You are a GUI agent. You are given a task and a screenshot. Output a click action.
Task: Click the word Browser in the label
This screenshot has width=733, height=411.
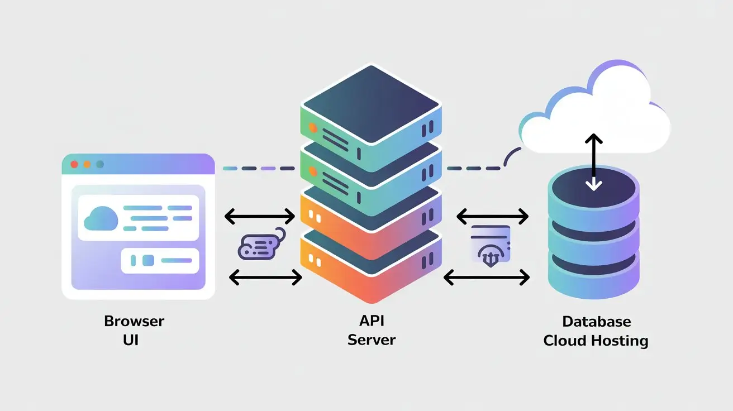pos(134,321)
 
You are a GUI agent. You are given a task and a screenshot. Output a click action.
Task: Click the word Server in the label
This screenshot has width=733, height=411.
pos(371,340)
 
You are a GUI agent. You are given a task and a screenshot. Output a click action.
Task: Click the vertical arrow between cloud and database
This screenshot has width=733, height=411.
pos(594,162)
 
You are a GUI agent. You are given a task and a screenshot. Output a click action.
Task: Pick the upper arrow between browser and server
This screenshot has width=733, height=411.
pos(259,216)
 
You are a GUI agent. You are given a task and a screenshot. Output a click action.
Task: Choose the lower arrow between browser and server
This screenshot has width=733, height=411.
pos(266,277)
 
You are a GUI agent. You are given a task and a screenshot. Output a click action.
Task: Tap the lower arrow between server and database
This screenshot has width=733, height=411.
pos(486,277)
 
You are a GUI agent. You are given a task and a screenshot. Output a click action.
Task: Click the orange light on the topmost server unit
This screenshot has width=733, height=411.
pos(313,128)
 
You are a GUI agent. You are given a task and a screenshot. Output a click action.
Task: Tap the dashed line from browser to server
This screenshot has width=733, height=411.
pos(258,168)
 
